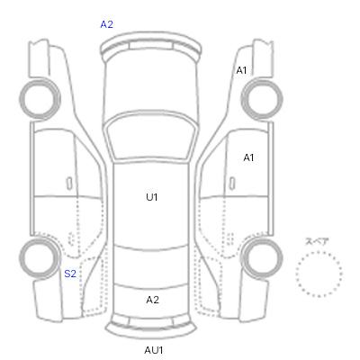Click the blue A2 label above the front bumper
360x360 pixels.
107,24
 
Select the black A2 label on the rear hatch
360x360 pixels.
152,300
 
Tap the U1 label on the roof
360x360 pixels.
152,197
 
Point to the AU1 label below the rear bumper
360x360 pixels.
154,350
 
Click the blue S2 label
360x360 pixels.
70,274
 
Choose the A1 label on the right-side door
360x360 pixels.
248,157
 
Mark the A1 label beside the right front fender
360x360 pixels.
241,70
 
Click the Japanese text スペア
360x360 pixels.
317,241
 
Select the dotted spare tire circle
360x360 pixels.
319,251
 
